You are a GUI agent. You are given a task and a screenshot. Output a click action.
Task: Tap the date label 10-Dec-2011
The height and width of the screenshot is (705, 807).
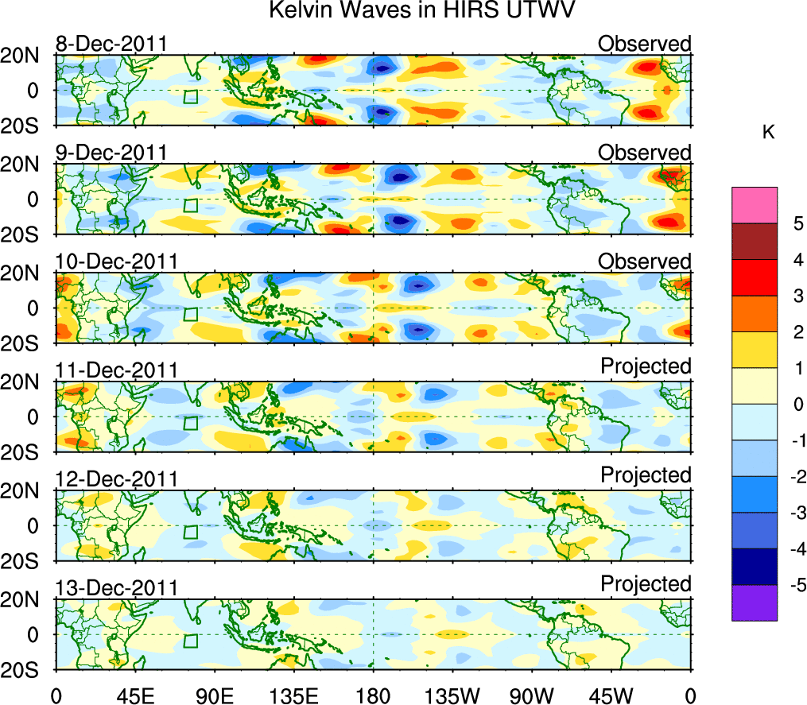tap(116, 261)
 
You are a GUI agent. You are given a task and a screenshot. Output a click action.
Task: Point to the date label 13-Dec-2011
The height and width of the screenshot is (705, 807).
tap(116, 588)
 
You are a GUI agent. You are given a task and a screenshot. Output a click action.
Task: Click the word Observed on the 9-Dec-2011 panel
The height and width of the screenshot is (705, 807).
tap(645, 152)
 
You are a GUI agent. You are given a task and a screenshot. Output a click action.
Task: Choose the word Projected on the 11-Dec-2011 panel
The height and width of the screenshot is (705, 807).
tap(646, 366)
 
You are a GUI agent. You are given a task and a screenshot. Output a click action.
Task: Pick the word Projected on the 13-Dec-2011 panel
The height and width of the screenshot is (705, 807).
tap(646, 584)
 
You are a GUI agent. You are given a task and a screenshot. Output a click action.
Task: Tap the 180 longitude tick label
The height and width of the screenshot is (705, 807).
tap(373, 693)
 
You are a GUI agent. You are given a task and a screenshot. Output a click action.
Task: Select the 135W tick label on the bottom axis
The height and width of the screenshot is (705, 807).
tap(452, 693)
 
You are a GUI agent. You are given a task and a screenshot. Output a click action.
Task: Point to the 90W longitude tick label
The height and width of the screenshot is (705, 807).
tap(531, 693)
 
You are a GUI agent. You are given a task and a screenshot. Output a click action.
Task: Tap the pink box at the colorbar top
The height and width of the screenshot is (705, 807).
tap(754, 205)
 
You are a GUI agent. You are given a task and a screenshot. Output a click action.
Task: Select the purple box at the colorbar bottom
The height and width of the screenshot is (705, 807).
tap(754, 602)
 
